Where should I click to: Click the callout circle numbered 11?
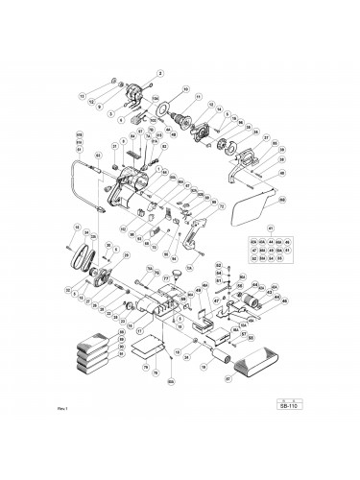pos(199,97)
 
